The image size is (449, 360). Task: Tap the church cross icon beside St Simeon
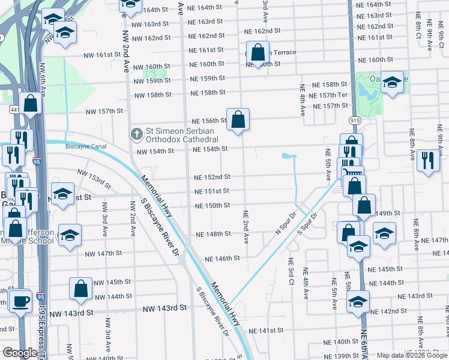coord(137,133)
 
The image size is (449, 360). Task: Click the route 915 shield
coord(355,120)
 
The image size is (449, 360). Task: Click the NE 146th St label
coord(222,259)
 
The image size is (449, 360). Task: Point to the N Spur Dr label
coord(286,223)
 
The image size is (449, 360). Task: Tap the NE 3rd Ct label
coord(291,270)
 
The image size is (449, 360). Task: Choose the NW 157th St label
coord(104,111)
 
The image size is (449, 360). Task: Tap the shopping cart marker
coord(353,172)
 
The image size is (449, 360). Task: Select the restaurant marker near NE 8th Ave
coord(428,161)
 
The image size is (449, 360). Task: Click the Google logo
coord(20,353)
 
